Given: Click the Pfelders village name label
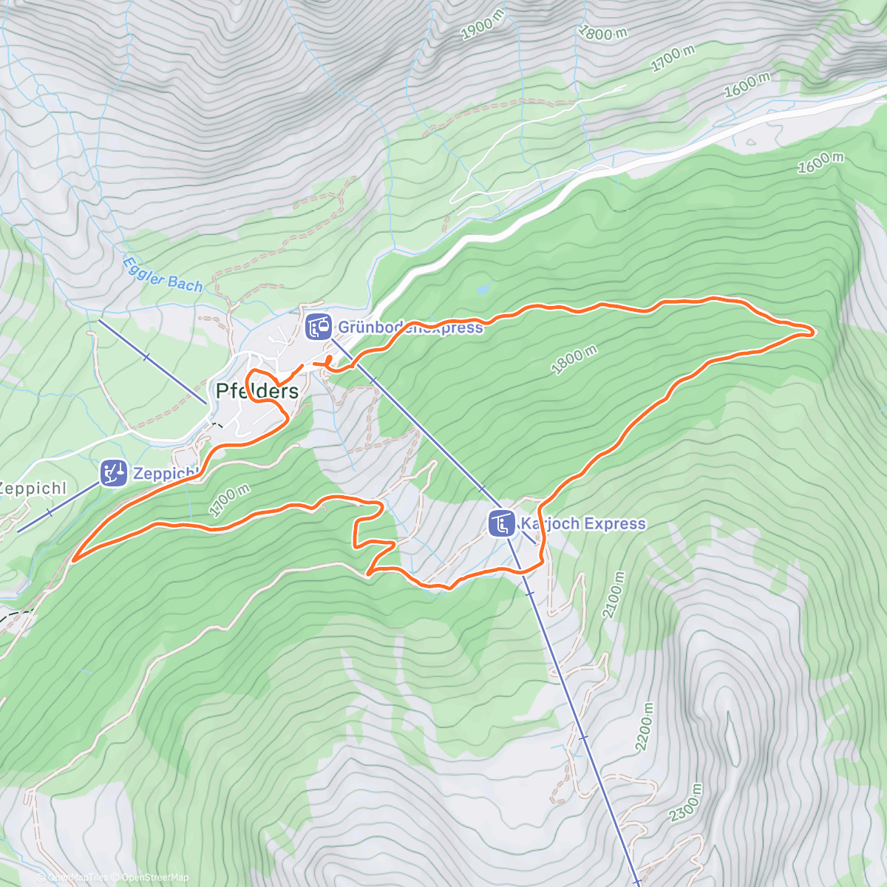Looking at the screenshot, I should (256, 391).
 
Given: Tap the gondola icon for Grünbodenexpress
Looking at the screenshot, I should (318, 327).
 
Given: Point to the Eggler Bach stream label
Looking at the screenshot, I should (162, 273).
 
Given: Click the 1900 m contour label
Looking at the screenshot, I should (477, 27).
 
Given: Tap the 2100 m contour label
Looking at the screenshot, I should (614, 595).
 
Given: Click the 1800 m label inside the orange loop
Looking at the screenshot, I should (574, 361).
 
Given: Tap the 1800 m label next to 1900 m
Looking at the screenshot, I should (602, 32).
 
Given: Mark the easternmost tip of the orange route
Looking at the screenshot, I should (814, 333).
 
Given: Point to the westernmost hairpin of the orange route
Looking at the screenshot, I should (74, 558).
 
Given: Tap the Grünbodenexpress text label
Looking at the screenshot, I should (410, 327).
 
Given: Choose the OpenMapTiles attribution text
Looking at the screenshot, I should (73, 877).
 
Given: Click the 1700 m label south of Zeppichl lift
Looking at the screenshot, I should (229, 501).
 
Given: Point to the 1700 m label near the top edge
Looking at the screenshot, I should (673, 58).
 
